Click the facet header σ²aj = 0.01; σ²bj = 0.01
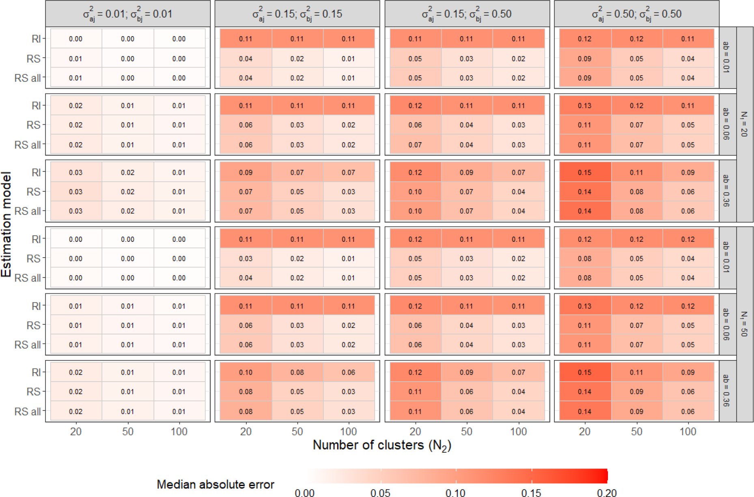tap(128, 14)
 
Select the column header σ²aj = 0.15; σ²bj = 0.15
tap(297, 14)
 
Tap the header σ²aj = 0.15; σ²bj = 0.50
tap(467, 14)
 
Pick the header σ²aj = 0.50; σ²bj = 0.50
tap(636, 14)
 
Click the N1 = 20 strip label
tap(745, 124)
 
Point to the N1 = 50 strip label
tap(745, 324)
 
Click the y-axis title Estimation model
tap(6, 224)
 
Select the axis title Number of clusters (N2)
tap(382, 445)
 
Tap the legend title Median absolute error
tap(215, 484)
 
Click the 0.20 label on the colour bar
tap(607, 493)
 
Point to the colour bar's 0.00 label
tap(305, 493)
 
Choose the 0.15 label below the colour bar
tap(531, 493)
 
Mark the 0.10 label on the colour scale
tap(456, 493)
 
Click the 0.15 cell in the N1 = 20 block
tap(585, 172)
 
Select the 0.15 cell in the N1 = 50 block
tap(585, 372)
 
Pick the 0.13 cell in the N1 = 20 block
tap(585, 106)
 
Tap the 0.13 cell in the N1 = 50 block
tap(585, 306)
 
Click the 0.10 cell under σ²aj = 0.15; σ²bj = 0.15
tap(246, 372)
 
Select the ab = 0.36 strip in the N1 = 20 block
tap(728, 191)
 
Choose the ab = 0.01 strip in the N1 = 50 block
tap(728, 258)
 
